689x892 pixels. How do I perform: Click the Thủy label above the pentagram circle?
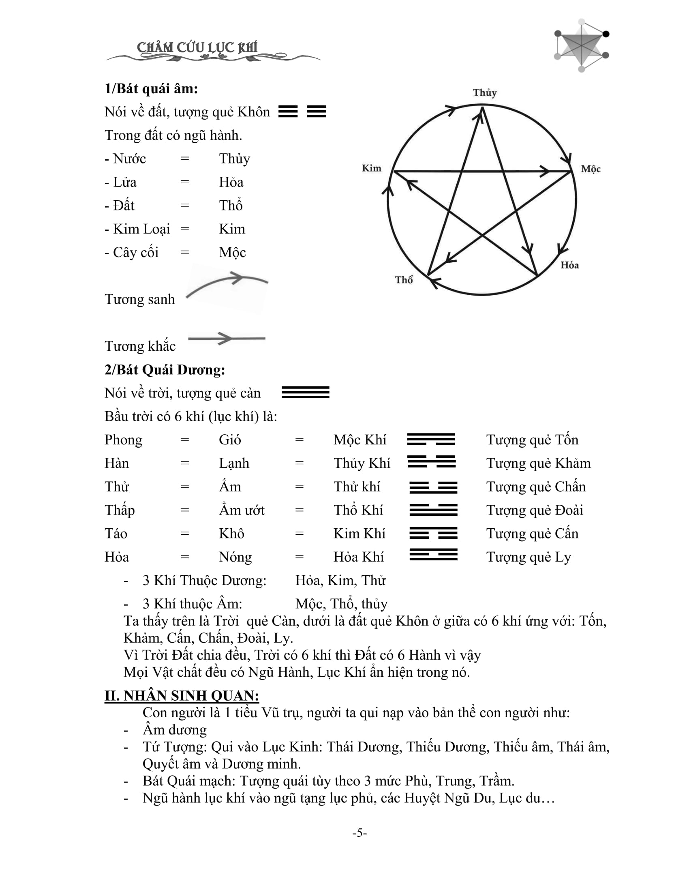(x=484, y=93)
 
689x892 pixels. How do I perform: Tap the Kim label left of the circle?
(x=371, y=168)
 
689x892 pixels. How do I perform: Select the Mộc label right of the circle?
(x=591, y=169)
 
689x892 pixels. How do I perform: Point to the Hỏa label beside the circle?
(x=569, y=266)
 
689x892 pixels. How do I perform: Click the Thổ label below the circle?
(x=404, y=280)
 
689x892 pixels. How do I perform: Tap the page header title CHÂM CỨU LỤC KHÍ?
(x=197, y=48)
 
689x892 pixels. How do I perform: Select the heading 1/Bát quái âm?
(x=151, y=89)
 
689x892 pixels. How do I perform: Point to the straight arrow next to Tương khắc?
(x=227, y=339)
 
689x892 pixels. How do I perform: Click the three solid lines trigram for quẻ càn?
(x=305, y=392)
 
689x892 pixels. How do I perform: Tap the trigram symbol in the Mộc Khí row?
(x=431, y=440)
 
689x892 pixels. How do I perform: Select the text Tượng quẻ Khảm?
(x=538, y=463)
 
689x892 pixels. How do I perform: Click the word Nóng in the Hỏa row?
(x=235, y=557)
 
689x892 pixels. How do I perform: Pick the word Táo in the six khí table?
(x=116, y=534)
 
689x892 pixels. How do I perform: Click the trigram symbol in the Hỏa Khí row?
(x=433, y=555)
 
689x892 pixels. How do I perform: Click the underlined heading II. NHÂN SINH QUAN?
(x=182, y=695)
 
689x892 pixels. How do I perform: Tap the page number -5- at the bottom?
(x=359, y=833)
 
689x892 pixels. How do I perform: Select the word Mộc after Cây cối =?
(x=232, y=253)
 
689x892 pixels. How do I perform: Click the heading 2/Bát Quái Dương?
(x=165, y=370)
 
